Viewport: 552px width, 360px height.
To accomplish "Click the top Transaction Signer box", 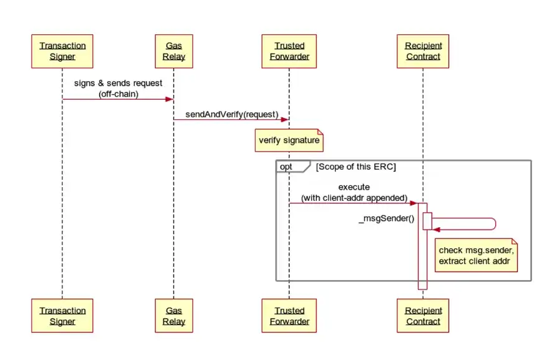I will pos(62,51).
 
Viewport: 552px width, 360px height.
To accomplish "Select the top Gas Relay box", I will pos(174,51).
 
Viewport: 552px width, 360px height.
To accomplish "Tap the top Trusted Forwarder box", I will pos(289,51).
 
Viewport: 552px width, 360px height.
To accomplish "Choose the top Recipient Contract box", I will pos(423,51).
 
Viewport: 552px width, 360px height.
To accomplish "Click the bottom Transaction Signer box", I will pos(62,316).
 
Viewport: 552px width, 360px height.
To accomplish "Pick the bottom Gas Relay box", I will pos(174,316).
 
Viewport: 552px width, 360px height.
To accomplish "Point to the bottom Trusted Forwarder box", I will pos(289,316).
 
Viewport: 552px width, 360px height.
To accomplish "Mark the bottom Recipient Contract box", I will pos(423,316).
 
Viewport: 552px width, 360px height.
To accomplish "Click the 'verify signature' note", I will pos(289,140).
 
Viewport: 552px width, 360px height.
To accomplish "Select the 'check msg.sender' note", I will pos(477,255).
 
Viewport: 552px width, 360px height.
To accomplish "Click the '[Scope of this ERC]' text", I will pos(356,167).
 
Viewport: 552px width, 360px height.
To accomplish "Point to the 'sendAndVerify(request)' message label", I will pos(231,115).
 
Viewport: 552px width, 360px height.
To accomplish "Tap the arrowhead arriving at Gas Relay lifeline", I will pos(169,99).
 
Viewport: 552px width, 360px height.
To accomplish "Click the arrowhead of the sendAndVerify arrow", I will pos(284,120).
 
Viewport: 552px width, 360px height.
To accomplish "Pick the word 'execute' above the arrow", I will pos(354,187).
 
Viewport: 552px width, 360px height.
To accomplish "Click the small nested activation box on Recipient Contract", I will pos(428,221).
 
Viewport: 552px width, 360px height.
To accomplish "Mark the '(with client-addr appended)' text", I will pos(354,198).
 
